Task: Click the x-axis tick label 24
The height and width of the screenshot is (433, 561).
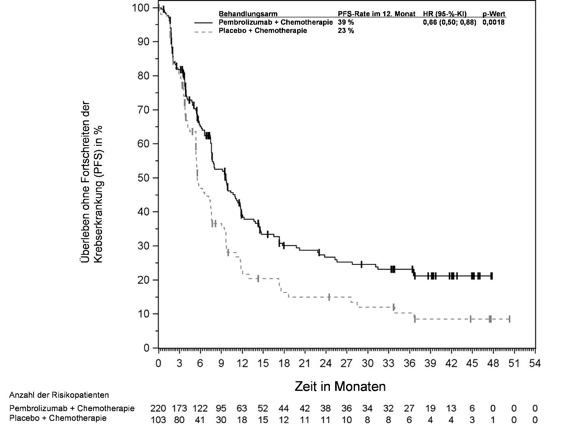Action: [325, 363]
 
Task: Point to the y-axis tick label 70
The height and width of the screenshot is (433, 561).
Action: [142, 110]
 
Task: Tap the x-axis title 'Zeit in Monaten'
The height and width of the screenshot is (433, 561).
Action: [340, 386]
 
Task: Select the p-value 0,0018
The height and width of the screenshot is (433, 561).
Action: [493, 22]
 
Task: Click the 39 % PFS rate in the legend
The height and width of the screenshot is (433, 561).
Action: [346, 22]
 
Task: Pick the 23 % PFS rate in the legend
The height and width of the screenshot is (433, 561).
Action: [346, 30]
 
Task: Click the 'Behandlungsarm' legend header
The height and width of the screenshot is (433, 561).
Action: [248, 14]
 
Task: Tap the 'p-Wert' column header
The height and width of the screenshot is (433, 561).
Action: [494, 14]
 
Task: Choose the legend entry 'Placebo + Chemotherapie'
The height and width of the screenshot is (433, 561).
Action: [263, 30]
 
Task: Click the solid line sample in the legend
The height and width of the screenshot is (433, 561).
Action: [204, 23]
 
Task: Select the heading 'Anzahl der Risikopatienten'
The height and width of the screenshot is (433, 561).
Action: [59, 395]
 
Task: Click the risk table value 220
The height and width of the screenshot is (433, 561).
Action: [158, 408]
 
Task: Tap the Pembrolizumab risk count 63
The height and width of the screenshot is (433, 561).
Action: [242, 408]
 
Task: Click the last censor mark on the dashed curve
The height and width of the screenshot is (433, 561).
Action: [509, 319]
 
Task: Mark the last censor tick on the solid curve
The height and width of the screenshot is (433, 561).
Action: [491, 276]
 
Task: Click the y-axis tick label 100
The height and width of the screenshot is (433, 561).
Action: [140, 8]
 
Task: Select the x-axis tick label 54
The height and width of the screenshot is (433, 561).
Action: [535, 363]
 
